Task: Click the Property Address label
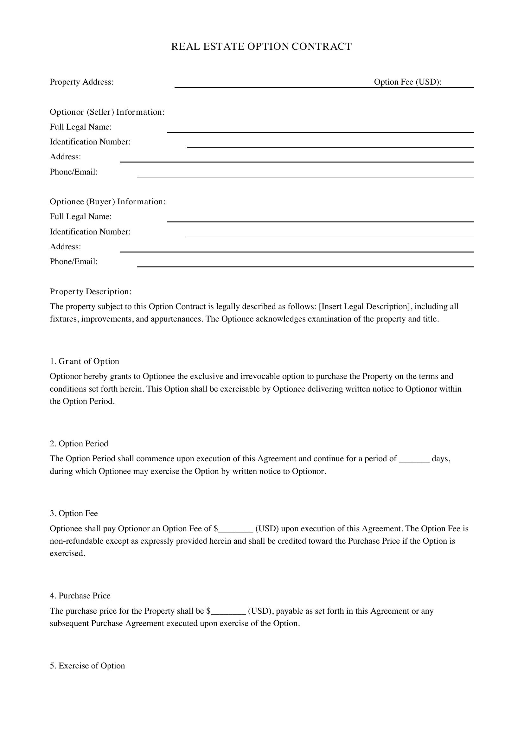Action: [81, 82]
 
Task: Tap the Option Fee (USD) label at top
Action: [407, 82]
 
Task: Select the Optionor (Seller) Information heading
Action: [107, 112]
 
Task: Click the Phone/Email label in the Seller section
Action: [73, 172]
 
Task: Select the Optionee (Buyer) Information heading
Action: [107, 202]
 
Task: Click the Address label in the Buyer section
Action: [65, 247]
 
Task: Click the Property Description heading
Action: [91, 292]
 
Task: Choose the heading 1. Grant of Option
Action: [85, 361]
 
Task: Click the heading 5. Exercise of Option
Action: [87, 666]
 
